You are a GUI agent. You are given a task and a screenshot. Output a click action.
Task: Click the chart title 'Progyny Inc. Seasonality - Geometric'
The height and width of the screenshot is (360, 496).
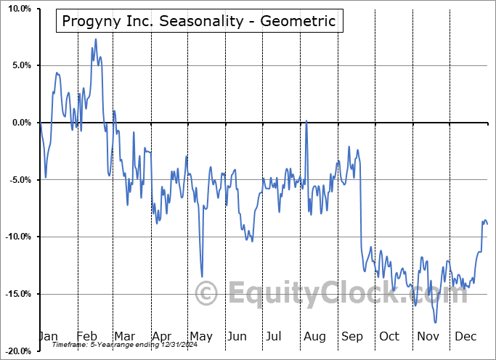click(x=200, y=21)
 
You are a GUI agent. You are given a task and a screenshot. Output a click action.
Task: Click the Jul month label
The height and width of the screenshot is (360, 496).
click(x=274, y=336)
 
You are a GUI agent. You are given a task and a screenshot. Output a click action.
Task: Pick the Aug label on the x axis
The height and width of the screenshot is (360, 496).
click(x=314, y=336)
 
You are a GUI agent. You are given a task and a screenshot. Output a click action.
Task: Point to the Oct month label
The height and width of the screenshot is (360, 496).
click(x=389, y=336)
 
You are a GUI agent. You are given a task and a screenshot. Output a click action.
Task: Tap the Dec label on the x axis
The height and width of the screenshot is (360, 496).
click(x=465, y=336)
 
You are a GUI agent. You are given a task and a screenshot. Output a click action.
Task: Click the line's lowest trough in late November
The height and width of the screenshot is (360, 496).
click(x=436, y=322)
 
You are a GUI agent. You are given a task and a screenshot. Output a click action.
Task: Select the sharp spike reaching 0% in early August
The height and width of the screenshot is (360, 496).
click(x=306, y=120)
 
